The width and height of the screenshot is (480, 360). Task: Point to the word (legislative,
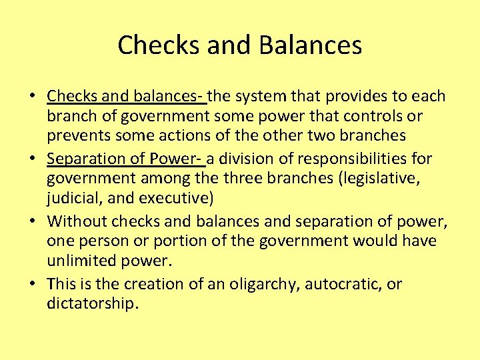pyautogui.click(x=389, y=179)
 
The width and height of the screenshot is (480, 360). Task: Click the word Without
pyautogui.click(x=77, y=221)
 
